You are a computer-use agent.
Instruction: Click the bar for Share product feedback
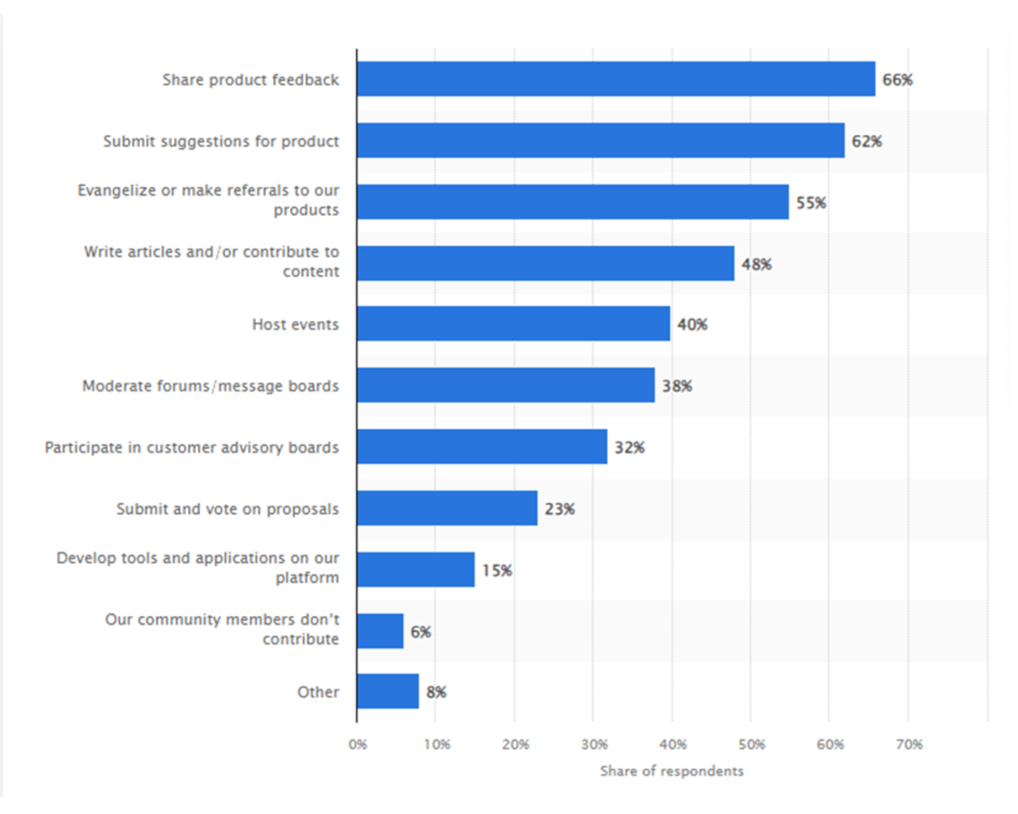pos(615,79)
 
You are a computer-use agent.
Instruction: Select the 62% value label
pos(866,141)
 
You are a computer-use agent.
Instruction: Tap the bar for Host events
pos(513,324)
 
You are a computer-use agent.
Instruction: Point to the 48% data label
pos(756,264)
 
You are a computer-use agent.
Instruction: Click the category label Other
pos(318,692)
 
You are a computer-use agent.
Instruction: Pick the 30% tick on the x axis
pos(594,744)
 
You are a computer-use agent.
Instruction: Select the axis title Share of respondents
pos(672,771)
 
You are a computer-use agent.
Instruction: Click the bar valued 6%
pos(380,631)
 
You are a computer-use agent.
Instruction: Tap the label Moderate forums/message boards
pos(210,386)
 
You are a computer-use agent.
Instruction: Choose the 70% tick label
pos(909,744)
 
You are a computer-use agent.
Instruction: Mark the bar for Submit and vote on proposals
pos(447,508)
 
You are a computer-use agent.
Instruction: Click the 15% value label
pos(497,570)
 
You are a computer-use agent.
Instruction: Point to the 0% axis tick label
pos(357,744)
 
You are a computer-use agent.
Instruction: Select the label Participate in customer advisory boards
pos(192,447)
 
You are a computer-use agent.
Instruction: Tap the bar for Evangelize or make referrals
pos(572,202)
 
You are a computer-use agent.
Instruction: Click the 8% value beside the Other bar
pos(436,692)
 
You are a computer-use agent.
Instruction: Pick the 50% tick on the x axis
pos(751,744)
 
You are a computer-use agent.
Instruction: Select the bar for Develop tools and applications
pos(415,570)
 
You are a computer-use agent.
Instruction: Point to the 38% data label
pos(677,386)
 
